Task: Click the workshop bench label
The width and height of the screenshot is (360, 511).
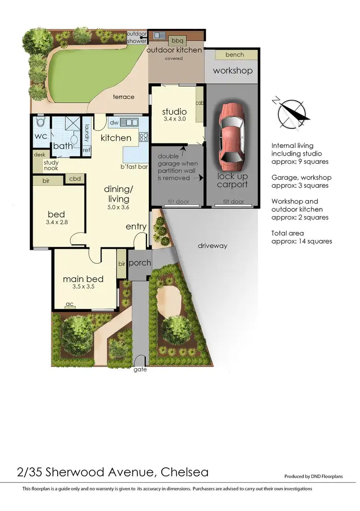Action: coord(234,55)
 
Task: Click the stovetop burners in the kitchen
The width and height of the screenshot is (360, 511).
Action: coord(143,137)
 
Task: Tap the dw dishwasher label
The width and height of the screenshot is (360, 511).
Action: coord(114,122)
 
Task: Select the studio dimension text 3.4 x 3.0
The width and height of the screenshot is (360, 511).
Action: coord(173,118)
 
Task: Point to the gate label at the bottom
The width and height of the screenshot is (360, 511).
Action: coord(141,370)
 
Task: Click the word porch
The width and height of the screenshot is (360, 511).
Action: coord(140,263)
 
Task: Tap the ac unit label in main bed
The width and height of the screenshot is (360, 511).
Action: coord(71,304)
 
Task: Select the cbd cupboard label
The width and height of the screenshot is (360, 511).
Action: coord(75,179)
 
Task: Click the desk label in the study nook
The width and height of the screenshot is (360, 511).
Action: coord(39,155)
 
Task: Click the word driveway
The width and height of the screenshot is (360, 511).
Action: coord(212,246)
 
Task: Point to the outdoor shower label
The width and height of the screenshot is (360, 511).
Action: coord(137,37)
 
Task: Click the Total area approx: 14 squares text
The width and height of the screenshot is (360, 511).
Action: coord(301,237)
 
